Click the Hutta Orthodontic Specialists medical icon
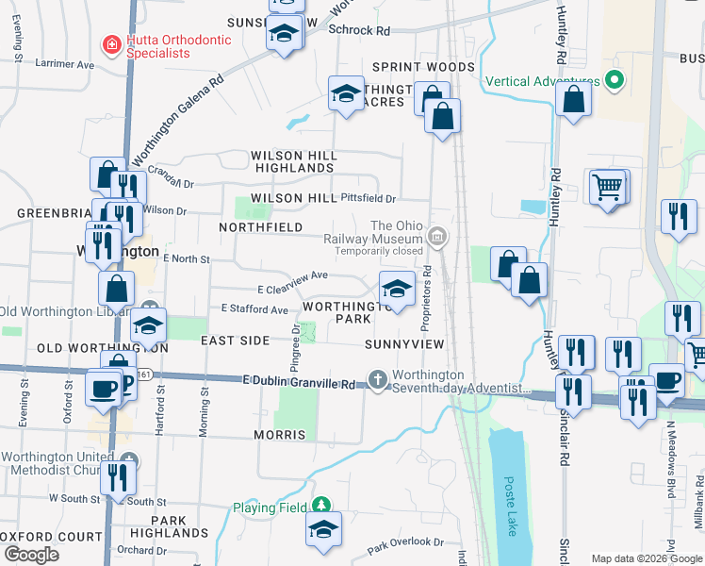(x=111, y=44)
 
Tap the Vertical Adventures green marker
(x=615, y=80)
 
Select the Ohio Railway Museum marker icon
(x=436, y=237)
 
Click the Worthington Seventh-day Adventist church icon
(x=378, y=379)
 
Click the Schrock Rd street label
(x=359, y=30)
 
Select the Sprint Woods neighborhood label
(x=423, y=67)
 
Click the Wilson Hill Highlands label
(x=292, y=161)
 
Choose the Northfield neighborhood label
(x=261, y=227)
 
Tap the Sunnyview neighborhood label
(x=403, y=345)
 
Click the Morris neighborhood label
(x=279, y=435)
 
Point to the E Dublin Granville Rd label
(x=298, y=383)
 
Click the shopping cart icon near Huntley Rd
(x=609, y=187)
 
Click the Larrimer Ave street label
(x=65, y=65)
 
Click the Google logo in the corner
(x=31, y=555)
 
